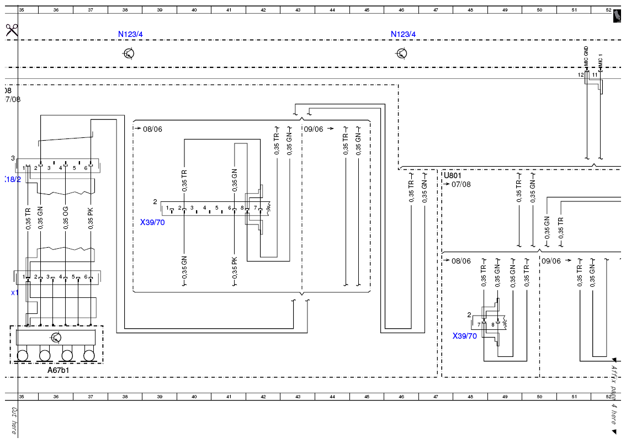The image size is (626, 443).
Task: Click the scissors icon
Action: point(12,30)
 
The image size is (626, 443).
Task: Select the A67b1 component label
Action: point(59,370)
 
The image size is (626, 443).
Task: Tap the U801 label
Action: point(453,175)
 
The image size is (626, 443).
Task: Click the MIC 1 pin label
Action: point(600,60)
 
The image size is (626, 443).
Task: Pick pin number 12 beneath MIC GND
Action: point(581,74)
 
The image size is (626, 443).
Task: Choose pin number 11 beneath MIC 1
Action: point(595,74)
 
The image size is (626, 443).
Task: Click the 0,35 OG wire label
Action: point(66,218)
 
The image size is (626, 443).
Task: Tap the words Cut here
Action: point(14,420)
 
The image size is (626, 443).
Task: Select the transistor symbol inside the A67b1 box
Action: point(56,338)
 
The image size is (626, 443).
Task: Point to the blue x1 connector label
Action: point(14,292)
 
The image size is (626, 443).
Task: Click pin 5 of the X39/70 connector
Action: point(217,208)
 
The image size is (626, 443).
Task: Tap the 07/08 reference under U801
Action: point(461,184)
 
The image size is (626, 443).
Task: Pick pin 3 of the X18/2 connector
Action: point(49,168)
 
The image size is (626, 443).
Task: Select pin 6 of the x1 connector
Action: point(86,276)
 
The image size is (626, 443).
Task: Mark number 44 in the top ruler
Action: point(332,10)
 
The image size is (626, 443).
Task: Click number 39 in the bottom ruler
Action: point(160,397)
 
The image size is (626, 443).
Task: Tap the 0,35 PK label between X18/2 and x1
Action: point(91,218)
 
